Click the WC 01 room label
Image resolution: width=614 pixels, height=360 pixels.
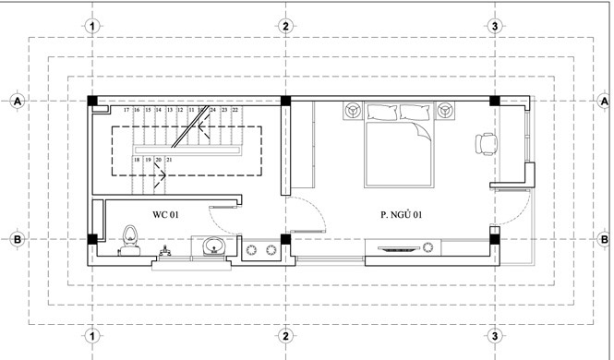tap(165, 214)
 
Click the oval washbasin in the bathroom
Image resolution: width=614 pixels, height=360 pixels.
tap(214, 246)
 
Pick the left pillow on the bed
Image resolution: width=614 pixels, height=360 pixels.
tap(381, 113)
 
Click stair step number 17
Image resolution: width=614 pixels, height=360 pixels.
tap(126, 110)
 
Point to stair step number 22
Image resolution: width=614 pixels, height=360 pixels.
tap(235, 110)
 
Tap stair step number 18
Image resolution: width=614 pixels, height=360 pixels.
tap(137, 161)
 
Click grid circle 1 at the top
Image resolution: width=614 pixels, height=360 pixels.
tap(91, 25)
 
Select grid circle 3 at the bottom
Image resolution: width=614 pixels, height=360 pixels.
tap(496, 334)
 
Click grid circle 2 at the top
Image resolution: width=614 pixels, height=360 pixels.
tap(286, 25)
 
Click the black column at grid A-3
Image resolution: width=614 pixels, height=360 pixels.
tap(496, 101)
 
